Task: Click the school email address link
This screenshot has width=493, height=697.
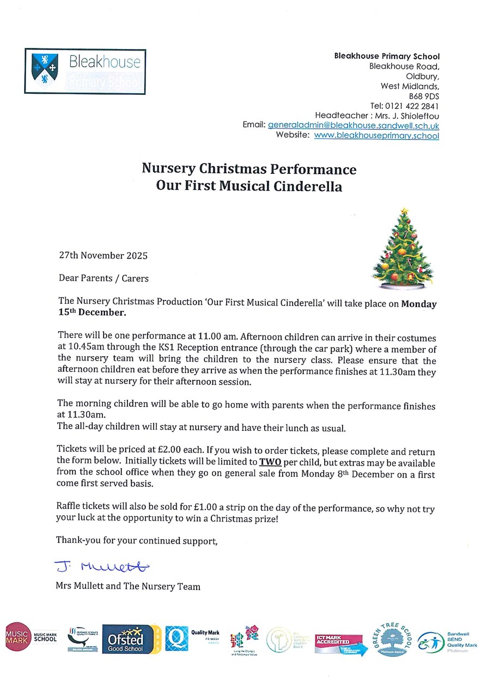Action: point(353,125)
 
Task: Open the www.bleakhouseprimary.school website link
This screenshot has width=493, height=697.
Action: point(376,136)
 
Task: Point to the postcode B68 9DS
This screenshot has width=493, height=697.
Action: point(424,96)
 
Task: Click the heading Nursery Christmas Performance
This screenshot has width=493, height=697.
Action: point(249,169)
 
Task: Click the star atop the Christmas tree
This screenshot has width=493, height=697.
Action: point(404,210)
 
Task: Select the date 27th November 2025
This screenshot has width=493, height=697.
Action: point(103,255)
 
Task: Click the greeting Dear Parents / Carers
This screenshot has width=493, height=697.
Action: point(104,278)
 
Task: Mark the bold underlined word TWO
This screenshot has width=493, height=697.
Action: point(270,463)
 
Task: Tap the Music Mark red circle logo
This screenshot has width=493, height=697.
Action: point(17,636)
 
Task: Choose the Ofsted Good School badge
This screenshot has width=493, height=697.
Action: point(129,639)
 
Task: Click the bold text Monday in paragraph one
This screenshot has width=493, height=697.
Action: point(419,304)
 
